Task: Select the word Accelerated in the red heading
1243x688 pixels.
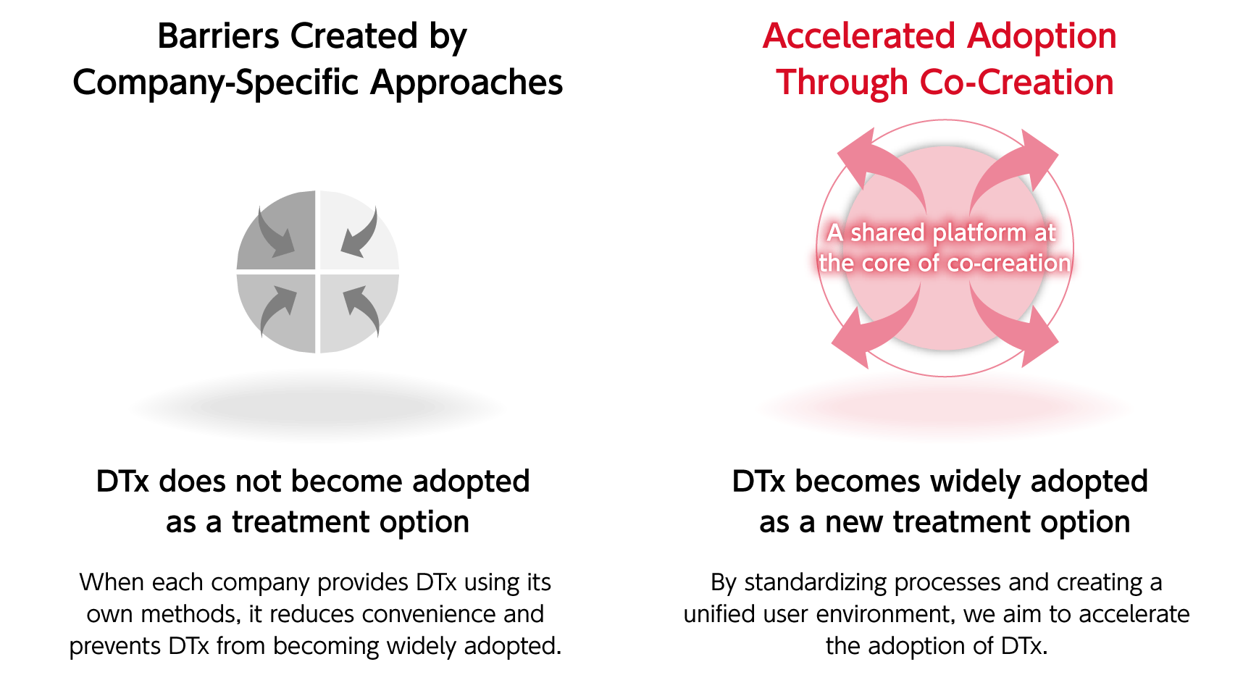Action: pyautogui.click(x=859, y=36)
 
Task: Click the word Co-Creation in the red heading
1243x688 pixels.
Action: pyautogui.click(x=1016, y=83)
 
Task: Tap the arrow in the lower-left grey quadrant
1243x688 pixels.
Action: pyautogui.click(x=277, y=309)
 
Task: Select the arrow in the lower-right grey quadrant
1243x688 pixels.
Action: pyautogui.click(x=362, y=309)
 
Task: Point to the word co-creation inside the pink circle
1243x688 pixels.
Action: pyautogui.click(x=1008, y=263)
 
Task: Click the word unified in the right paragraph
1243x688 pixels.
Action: pyautogui.click(x=720, y=614)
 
